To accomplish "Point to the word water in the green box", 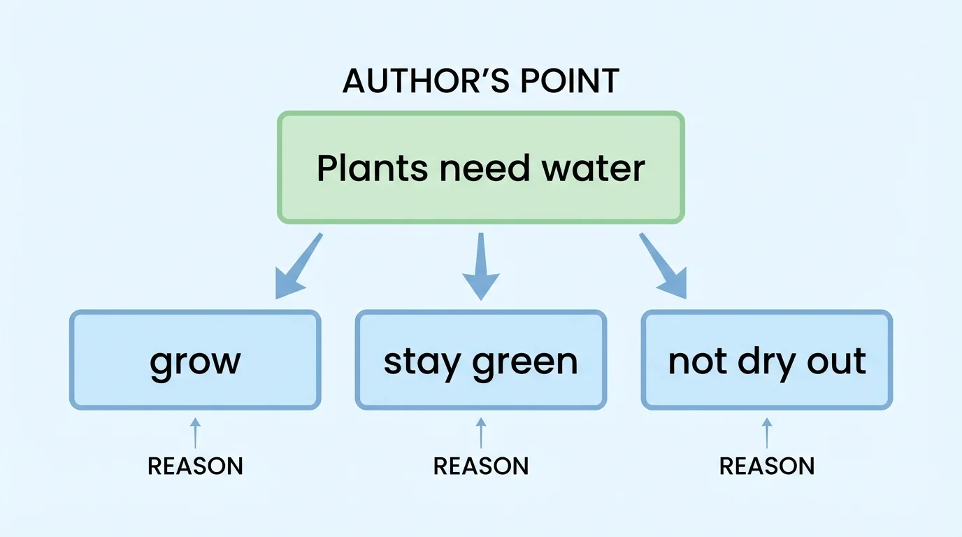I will [x=594, y=169].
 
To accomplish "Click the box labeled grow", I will [x=195, y=360].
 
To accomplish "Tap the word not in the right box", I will [x=694, y=361].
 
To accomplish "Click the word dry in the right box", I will [x=764, y=361].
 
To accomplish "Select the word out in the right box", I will [x=838, y=361].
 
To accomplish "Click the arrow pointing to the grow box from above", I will [x=297, y=267].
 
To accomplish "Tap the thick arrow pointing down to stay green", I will [x=481, y=267].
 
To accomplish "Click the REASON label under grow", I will [x=195, y=466].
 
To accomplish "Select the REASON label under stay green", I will [x=481, y=466].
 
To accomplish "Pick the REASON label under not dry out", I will [x=767, y=466].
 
